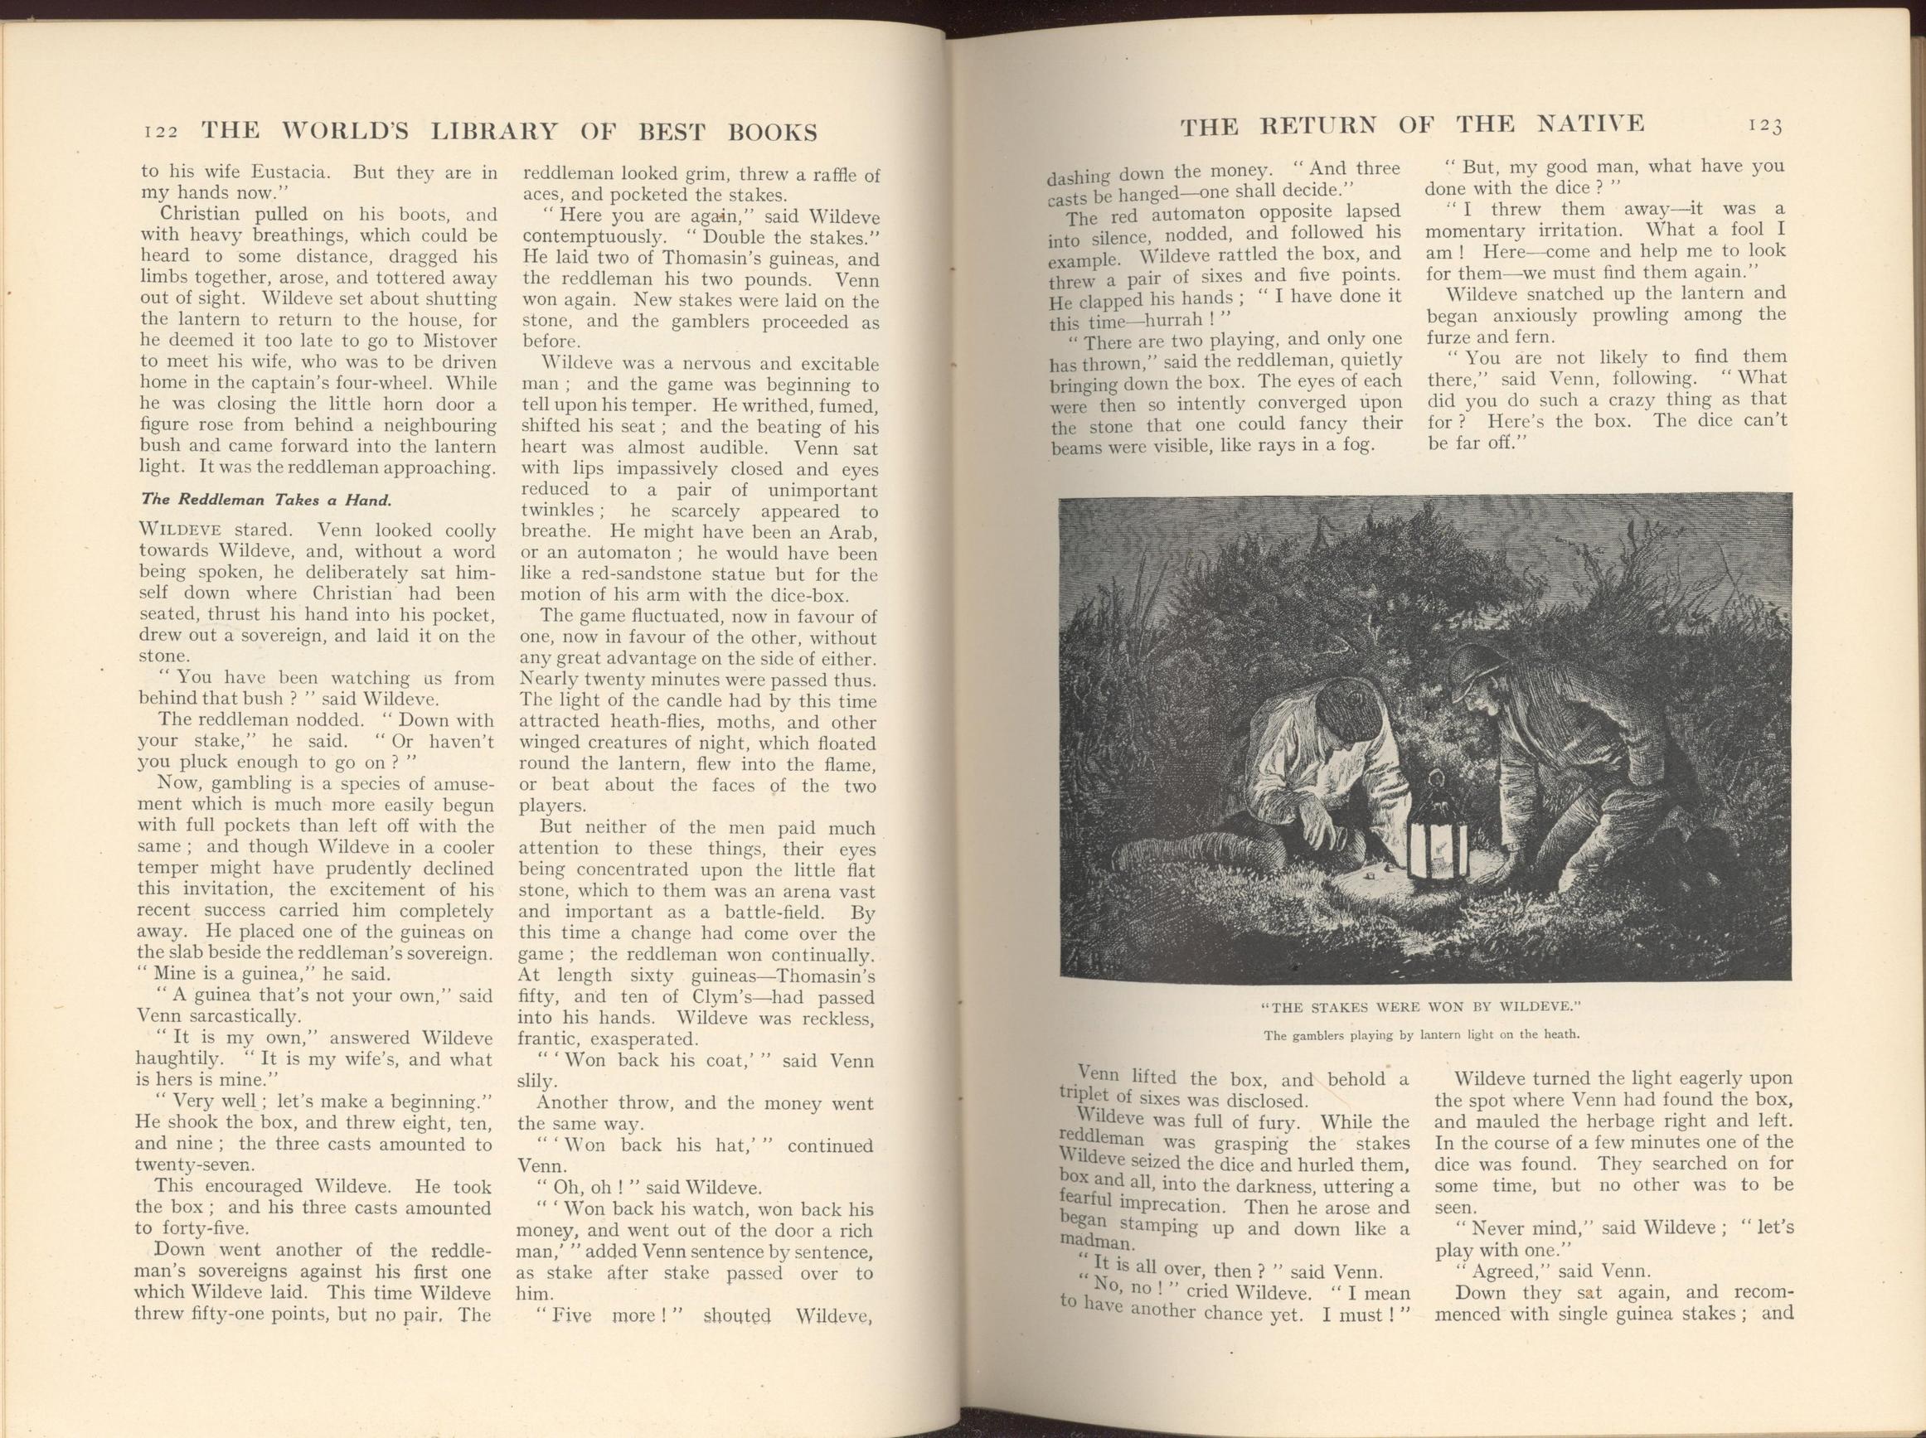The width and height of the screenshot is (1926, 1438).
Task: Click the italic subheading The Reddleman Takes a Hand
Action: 265,500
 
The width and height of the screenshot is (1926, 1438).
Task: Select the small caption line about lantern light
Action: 1420,1035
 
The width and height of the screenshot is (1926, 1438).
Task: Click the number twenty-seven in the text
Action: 193,1164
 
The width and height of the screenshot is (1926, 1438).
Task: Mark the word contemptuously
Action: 594,237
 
